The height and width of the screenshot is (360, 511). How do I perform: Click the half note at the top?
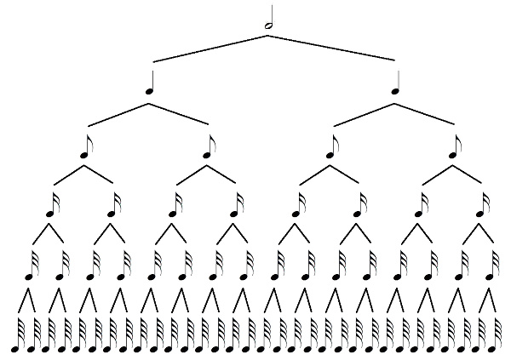(270, 23)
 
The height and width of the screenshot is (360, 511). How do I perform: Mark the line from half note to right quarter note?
(332, 49)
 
